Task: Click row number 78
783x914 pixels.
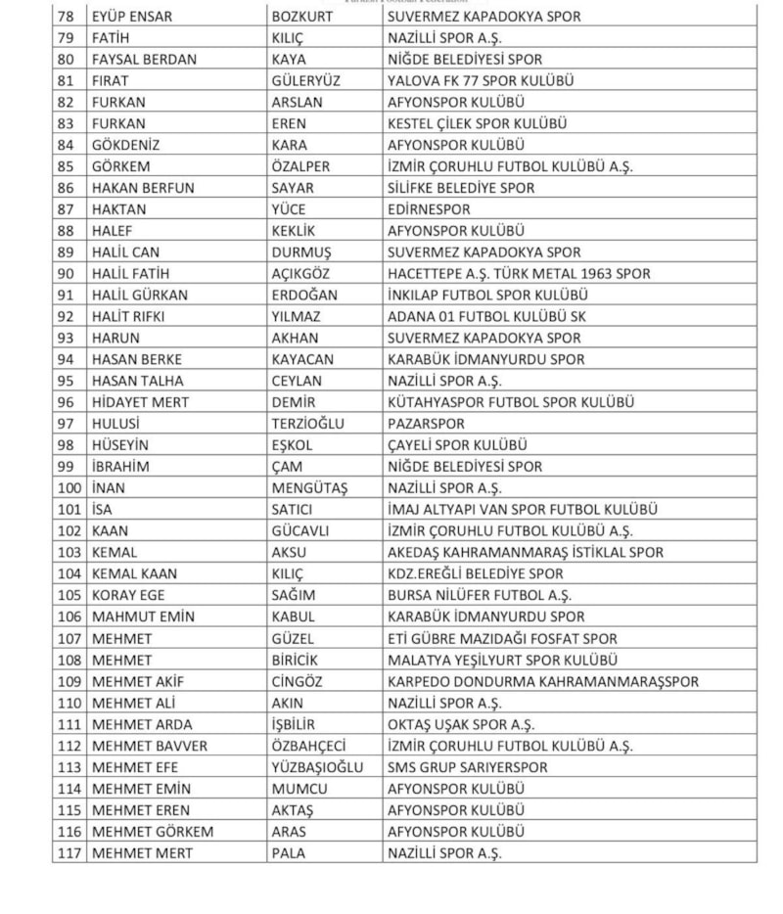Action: pyautogui.click(x=67, y=17)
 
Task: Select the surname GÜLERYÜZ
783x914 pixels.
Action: pyautogui.click(x=305, y=81)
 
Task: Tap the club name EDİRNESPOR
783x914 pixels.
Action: pyautogui.click(x=429, y=209)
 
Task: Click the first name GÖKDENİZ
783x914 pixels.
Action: pyautogui.click(x=125, y=145)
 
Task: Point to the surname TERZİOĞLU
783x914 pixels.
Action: pyautogui.click(x=313, y=424)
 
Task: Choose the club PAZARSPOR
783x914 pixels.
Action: pyautogui.click(x=426, y=424)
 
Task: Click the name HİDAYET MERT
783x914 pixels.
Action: pyautogui.click(x=140, y=402)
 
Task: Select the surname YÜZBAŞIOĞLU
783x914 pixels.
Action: pyautogui.click(x=317, y=767)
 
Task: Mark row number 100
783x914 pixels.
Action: pyautogui.click(x=69, y=487)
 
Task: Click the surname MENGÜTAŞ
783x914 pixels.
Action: pyautogui.click(x=309, y=487)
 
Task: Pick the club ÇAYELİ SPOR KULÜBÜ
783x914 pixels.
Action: pyautogui.click(x=457, y=445)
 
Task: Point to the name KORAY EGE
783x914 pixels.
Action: pyautogui.click(x=128, y=595)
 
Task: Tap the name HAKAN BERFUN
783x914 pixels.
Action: pyautogui.click(x=143, y=188)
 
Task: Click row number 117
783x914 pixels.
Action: pyautogui.click(x=69, y=853)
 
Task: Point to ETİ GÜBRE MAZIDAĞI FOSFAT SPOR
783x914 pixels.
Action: pyautogui.click(x=502, y=638)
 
